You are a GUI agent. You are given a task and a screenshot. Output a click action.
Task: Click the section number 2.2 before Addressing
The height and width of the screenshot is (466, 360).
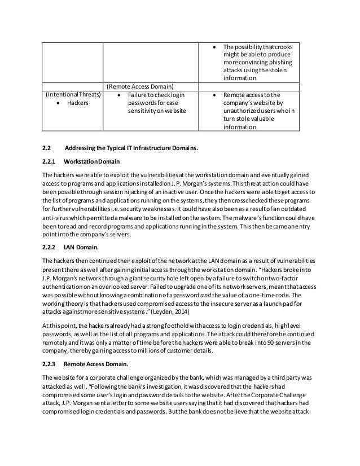(x=47, y=149)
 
